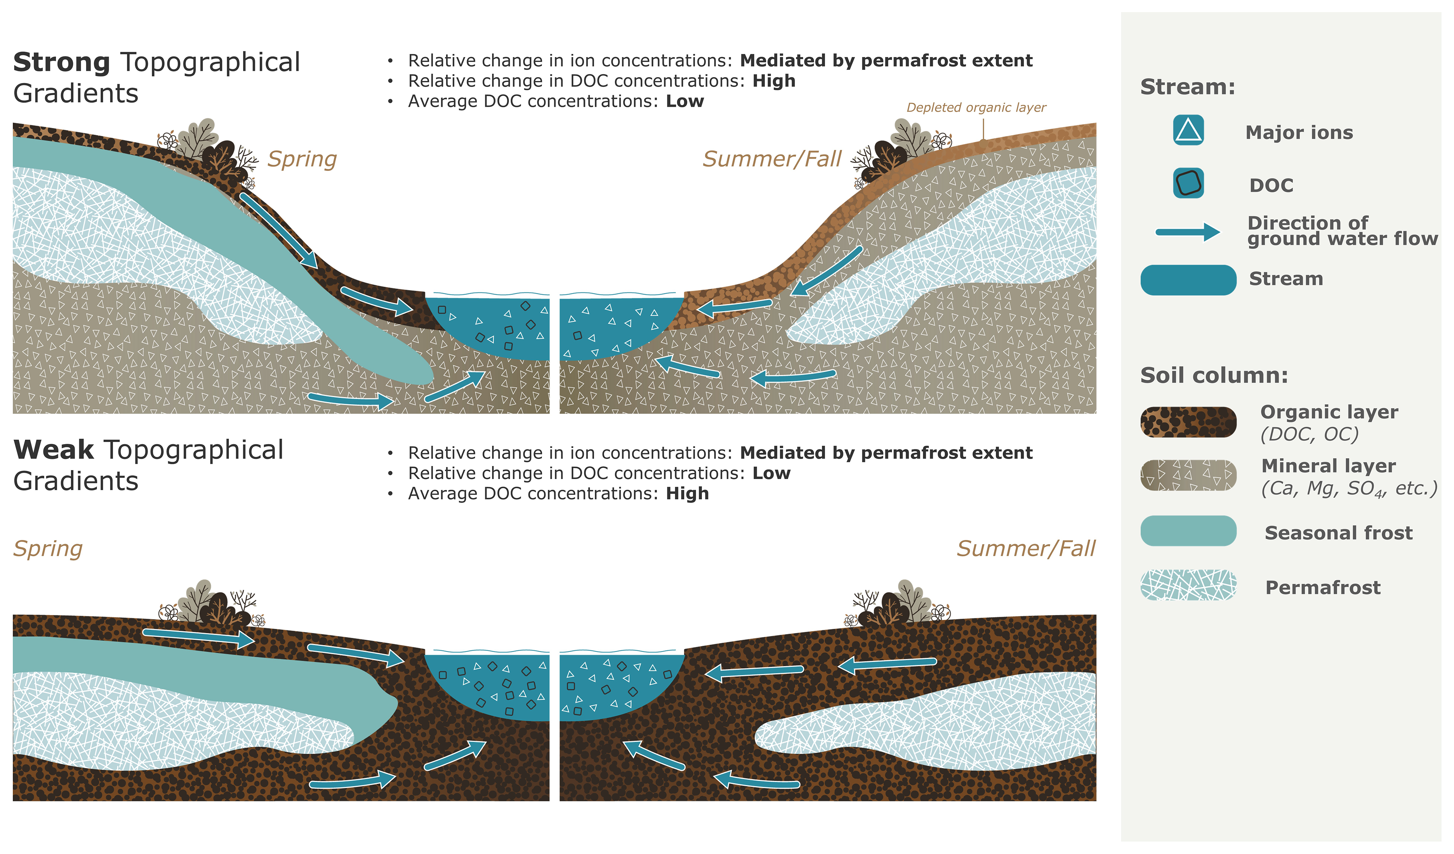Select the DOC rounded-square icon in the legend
pyautogui.click(x=1188, y=184)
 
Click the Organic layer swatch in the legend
pyautogui.click(x=1188, y=422)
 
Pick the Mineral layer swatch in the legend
pyautogui.click(x=1188, y=476)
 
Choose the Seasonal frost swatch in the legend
pyautogui.click(x=1188, y=531)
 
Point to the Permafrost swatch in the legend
pyautogui.click(x=1188, y=585)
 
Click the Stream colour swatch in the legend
pyautogui.click(x=1188, y=281)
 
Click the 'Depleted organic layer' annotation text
pyautogui.click(x=976, y=108)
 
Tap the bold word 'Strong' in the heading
pyautogui.click(x=62, y=62)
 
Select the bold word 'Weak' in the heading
pyautogui.click(x=54, y=450)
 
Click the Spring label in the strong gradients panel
pyautogui.click(x=302, y=159)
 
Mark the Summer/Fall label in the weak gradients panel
pyautogui.click(x=1026, y=549)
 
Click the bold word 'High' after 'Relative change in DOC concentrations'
pyautogui.click(x=774, y=81)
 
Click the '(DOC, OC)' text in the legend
pyautogui.click(x=1310, y=434)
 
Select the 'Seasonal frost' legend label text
pyautogui.click(x=1339, y=533)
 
